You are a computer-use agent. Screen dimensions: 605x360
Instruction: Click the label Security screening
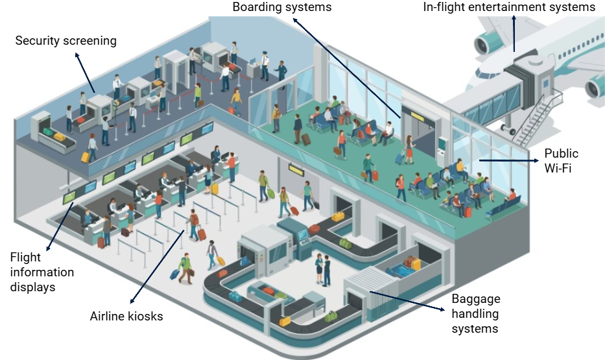point(65,41)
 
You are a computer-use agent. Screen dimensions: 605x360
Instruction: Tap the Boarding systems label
point(281,7)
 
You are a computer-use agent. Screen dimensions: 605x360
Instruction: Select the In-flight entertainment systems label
point(509,7)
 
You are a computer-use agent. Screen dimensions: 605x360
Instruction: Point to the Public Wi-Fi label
point(561,160)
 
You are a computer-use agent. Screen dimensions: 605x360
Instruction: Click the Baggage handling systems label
point(476,314)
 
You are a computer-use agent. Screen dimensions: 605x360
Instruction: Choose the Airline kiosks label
point(126,317)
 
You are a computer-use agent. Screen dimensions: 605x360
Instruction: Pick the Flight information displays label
point(42,272)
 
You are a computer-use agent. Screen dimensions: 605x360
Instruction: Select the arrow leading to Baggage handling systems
point(407,300)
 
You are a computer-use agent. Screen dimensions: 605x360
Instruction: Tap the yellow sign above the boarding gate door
point(417,115)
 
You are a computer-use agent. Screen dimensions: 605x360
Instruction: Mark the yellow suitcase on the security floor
point(86,157)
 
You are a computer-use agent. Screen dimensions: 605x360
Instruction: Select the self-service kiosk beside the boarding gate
point(443,150)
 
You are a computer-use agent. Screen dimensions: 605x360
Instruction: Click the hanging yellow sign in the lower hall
point(296,169)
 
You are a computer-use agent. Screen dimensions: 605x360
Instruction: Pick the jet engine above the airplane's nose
point(484,43)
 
